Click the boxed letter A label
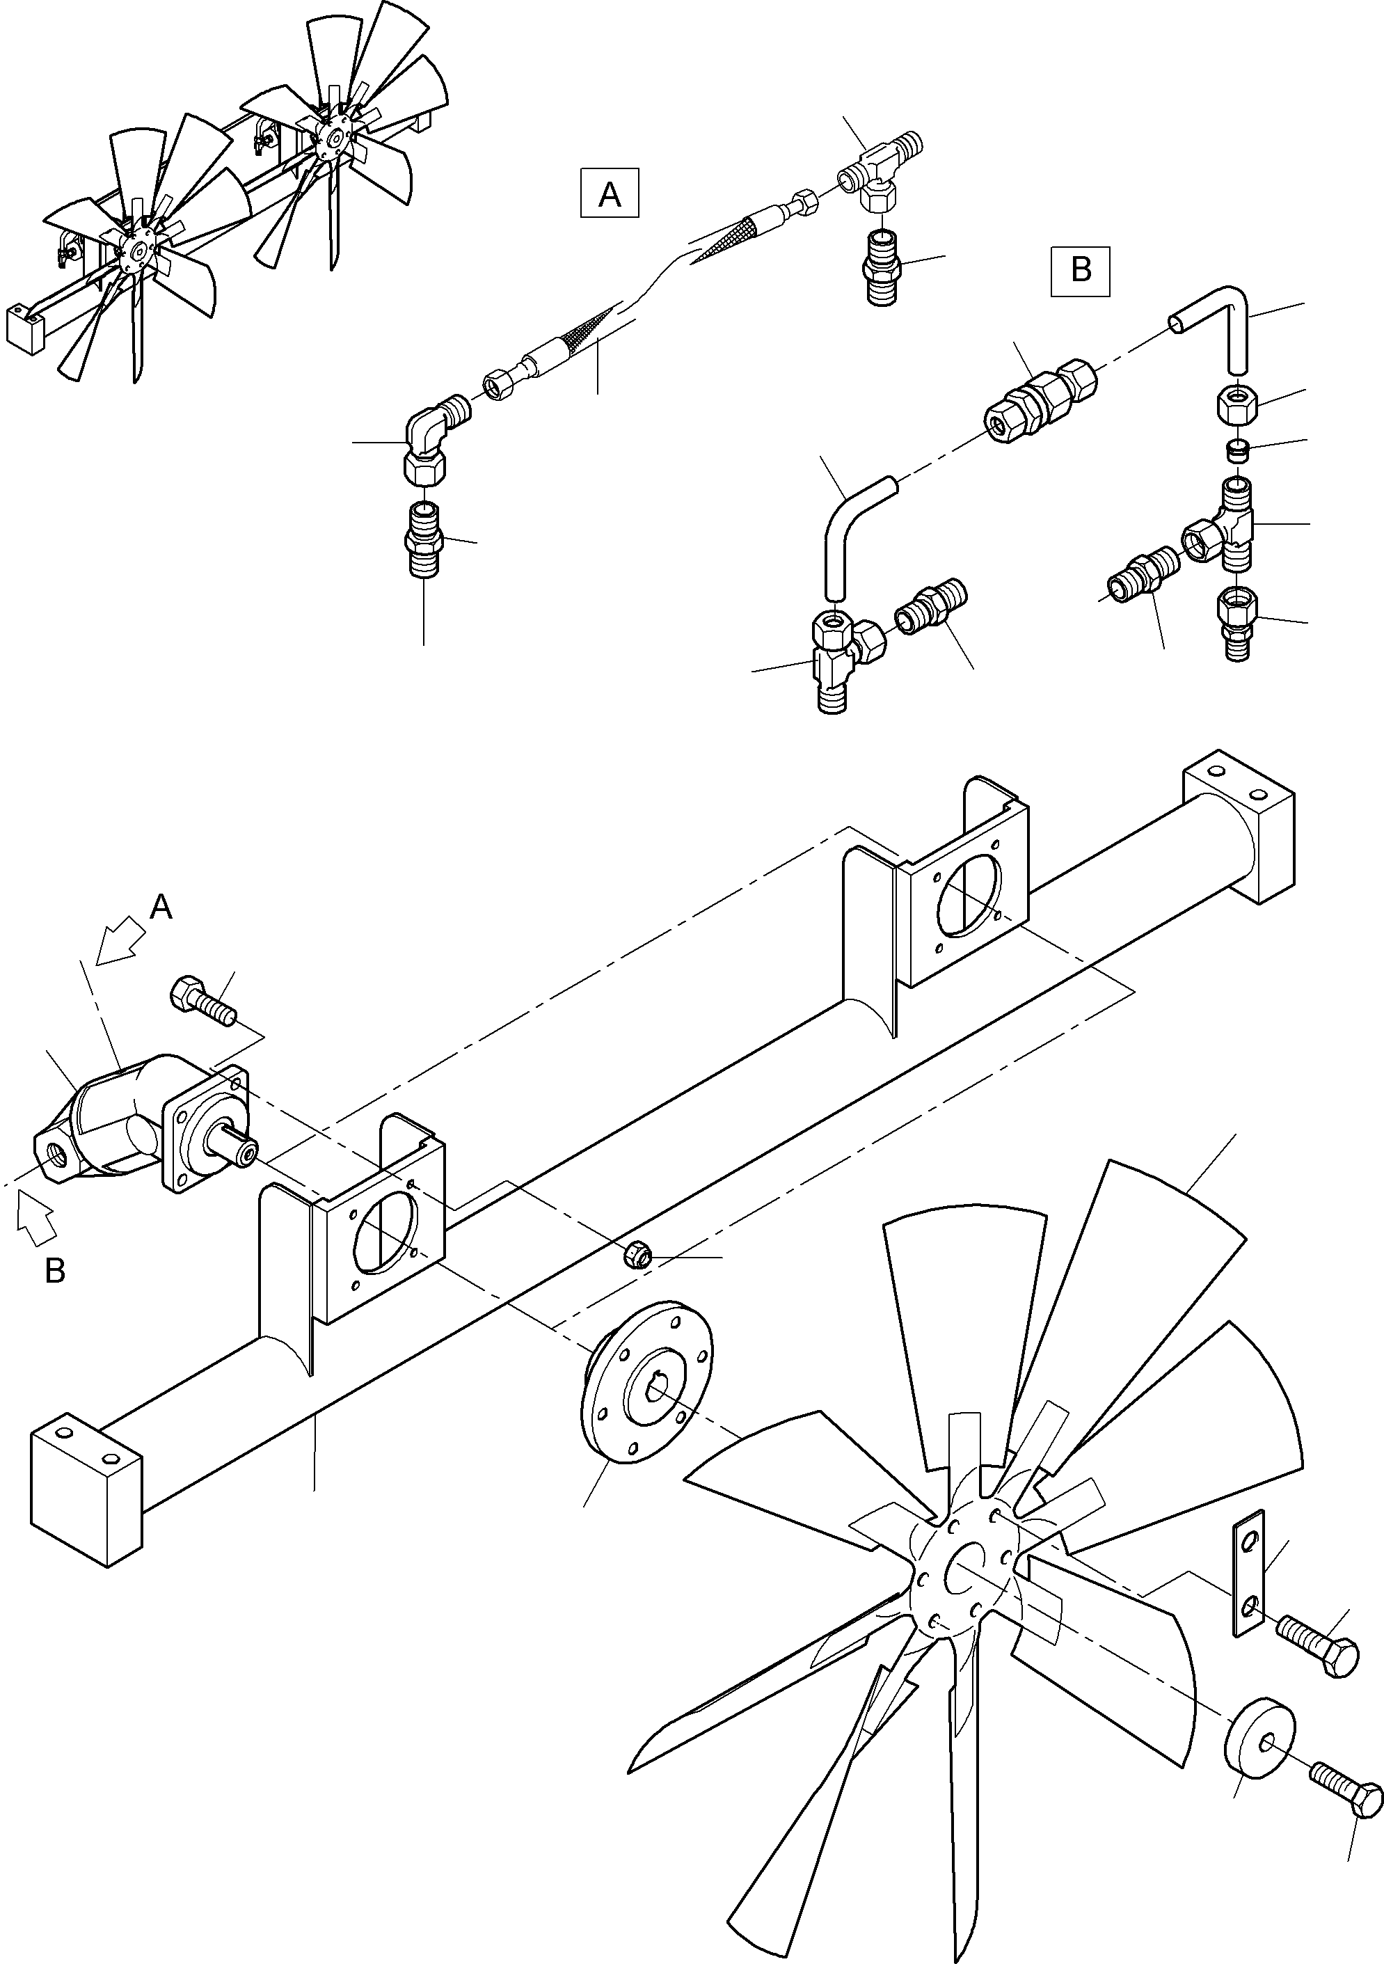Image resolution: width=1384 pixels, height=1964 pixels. tap(609, 194)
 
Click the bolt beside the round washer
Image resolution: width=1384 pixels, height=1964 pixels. tap(1346, 1788)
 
